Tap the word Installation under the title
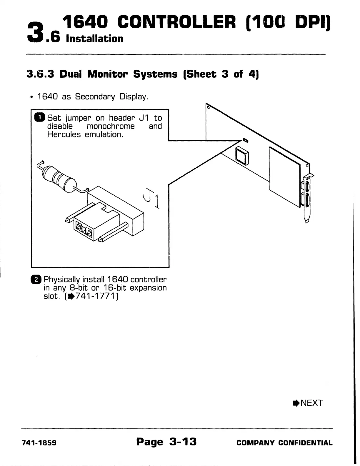click(x=95, y=39)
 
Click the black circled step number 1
click(x=39, y=118)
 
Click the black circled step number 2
click(x=36, y=279)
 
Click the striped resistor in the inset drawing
click(x=59, y=180)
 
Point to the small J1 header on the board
click(x=245, y=139)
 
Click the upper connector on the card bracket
click(x=307, y=187)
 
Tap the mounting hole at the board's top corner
click(x=208, y=107)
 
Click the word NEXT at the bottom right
click(x=311, y=403)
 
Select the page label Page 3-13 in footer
click(x=166, y=442)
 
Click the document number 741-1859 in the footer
click(x=39, y=443)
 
